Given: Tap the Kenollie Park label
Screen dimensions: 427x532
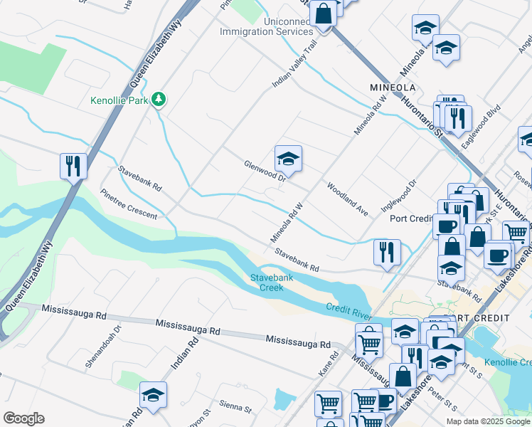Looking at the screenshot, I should coord(119,100).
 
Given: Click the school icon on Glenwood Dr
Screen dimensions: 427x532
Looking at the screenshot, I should coord(288,158).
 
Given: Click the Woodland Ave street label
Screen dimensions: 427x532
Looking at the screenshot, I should coord(347,199).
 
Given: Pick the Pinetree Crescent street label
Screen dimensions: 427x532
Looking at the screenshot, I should coord(129,204).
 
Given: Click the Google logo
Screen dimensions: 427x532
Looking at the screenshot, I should coord(23,418).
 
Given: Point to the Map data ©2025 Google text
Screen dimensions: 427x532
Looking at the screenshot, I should coord(487,421).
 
